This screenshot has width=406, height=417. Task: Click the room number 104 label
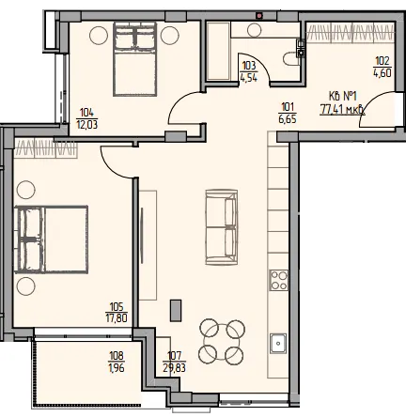86,112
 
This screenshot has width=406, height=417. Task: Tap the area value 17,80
117,318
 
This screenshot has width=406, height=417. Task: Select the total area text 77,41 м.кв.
342,110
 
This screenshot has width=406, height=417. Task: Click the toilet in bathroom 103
291,59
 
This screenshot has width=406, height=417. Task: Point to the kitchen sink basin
278,344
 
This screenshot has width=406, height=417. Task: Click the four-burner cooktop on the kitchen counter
278,280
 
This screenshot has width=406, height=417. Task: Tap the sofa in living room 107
221,227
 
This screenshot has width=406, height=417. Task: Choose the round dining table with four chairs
222,342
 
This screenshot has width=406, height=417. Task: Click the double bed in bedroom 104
135,59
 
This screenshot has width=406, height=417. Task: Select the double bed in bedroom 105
51,239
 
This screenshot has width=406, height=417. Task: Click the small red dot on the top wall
259,15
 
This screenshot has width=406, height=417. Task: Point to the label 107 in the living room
175,356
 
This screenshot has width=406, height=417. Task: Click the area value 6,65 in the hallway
288,118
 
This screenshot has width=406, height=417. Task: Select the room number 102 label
383,60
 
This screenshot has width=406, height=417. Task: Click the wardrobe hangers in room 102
351,32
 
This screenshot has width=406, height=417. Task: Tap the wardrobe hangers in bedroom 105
45,148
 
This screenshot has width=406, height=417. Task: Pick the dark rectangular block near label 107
176,310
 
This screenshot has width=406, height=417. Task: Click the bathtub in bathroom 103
218,51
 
